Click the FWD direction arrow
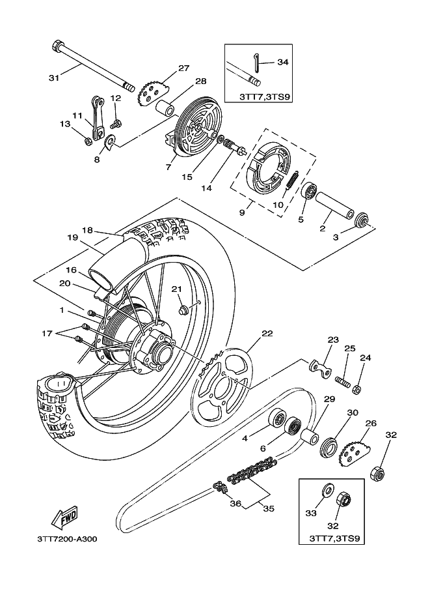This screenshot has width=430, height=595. [x=64, y=517]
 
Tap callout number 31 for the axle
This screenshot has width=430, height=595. [x=54, y=78]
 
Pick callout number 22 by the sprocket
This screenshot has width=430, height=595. [x=267, y=333]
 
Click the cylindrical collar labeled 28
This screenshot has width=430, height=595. [x=165, y=106]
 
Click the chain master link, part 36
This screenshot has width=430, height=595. [x=220, y=487]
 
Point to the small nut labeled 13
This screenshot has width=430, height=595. [x=87, y=141]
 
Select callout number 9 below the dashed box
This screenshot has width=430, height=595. [x=242, y=212]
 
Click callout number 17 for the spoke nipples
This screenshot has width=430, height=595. [x=47, y=333]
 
